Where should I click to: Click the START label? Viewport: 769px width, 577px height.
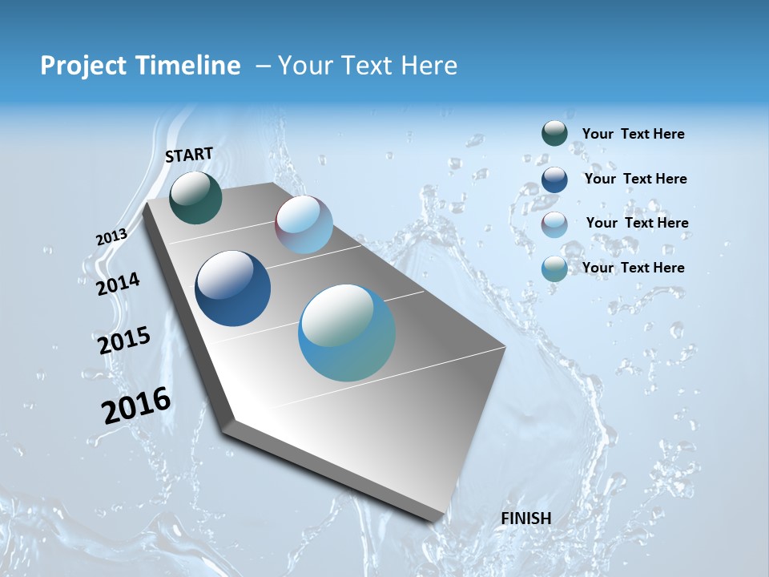point(189,155)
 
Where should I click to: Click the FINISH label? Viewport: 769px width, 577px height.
point(525,518)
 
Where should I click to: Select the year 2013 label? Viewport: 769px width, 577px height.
point(111,237)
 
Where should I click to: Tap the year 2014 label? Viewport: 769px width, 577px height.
point(118,284)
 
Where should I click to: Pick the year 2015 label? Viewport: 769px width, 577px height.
point(124,340)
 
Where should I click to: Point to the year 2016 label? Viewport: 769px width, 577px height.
point(136,405)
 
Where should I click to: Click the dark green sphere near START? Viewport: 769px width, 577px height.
point(195,198)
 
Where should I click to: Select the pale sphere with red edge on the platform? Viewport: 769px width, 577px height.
point(304,224)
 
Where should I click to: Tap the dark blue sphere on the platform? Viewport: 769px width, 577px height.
point(232,288)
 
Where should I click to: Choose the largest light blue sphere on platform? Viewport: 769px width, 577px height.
point(347,333)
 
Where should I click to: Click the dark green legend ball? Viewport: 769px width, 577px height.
point(554,133)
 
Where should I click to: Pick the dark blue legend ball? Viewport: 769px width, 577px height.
point(554,179)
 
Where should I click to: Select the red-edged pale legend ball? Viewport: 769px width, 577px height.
point(554,224)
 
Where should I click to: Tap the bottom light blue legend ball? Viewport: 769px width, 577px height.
point(554,268)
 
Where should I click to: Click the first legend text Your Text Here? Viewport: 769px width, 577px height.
point(633,135)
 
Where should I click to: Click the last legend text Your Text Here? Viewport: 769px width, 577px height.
point(633,268)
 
